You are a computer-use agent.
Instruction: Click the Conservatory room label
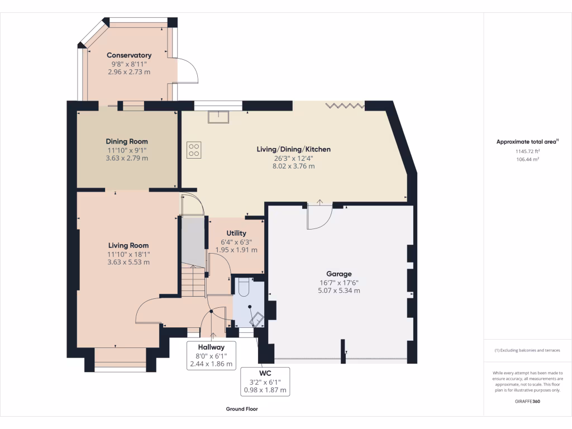click(x=129, y=55)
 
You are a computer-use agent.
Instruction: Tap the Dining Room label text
click(x=127, y=141)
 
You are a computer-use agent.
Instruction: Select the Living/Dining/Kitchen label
click(x=293, y=149)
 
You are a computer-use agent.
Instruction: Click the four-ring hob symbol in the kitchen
click(x=194, y=149)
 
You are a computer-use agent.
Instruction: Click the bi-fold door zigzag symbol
click(x=345, y=105)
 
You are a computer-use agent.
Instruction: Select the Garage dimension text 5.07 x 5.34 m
click(x=339, y=290)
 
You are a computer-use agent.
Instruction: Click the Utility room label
click(x=236, y=233)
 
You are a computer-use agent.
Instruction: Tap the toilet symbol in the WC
click(x=244, y=286)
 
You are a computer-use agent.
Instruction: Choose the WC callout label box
click(x=265, y=382)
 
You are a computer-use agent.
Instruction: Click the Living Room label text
click(x=128, y=245)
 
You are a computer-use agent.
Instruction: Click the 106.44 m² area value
click(x=527, y=159)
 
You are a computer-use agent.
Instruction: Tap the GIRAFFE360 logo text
click(x=527, y=401)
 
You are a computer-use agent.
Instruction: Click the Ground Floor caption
click(x=242, y=409)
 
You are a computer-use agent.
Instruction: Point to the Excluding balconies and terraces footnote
click(x=527, y=350)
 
